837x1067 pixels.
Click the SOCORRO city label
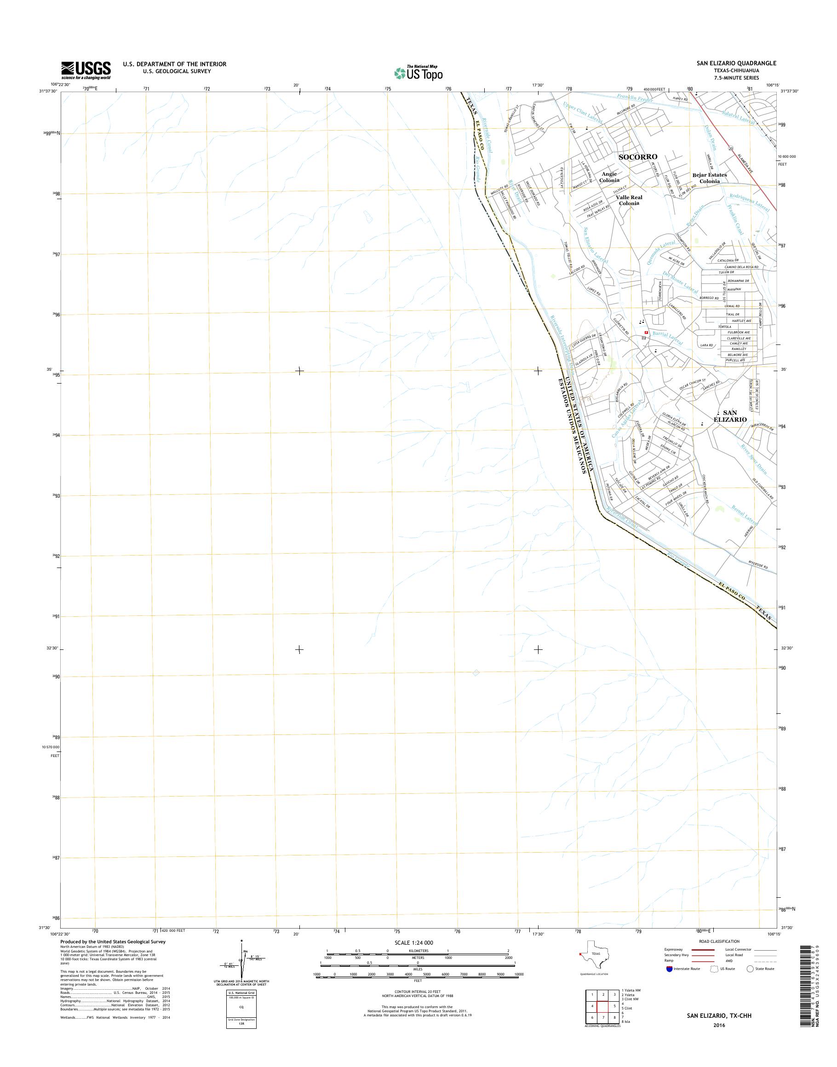coord(637,157)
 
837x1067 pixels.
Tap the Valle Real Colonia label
coord(630,200)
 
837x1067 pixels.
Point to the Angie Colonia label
coord(609,177)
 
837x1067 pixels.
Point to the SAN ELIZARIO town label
coord(730,416)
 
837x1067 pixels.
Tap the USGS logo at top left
coord(86,70)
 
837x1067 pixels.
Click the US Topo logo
coord(418,73)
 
